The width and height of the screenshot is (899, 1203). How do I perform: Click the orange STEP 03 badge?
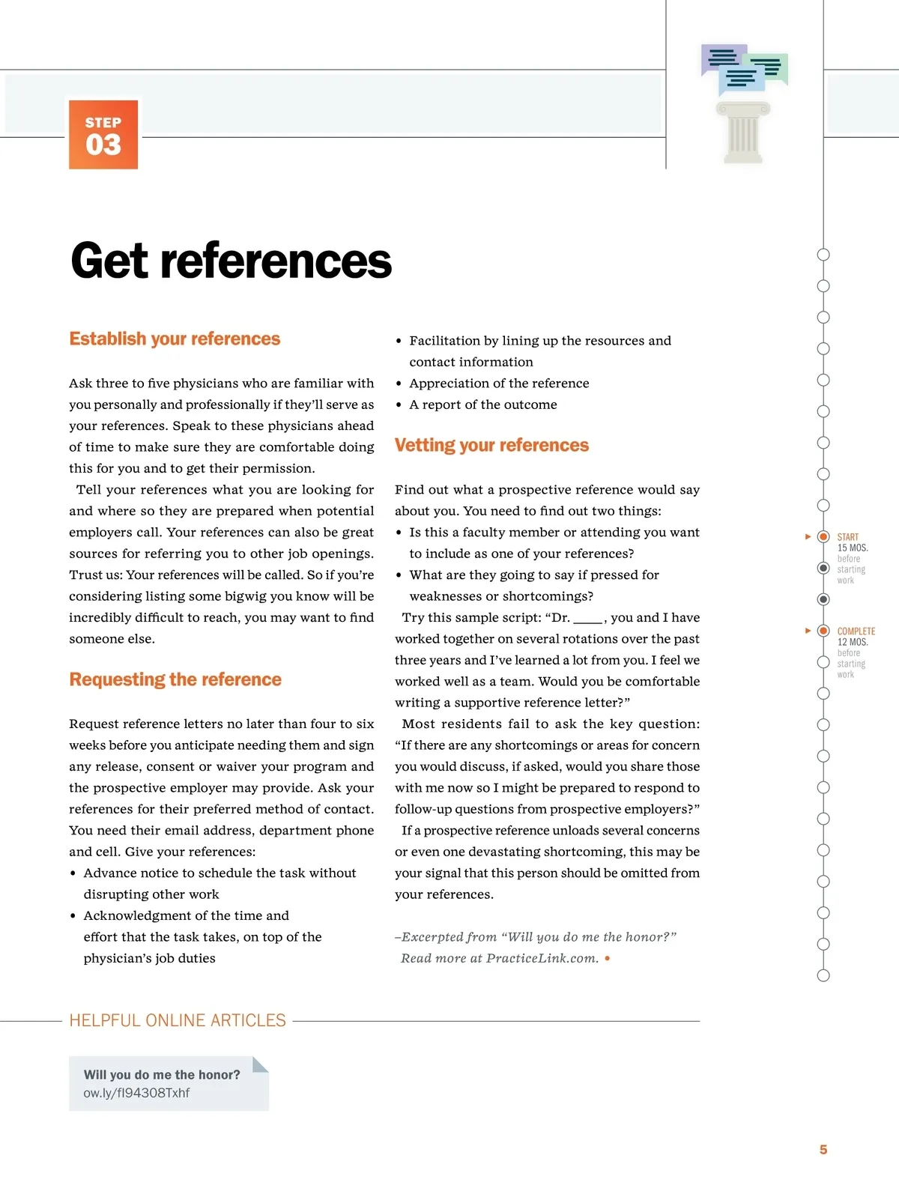[103, 135]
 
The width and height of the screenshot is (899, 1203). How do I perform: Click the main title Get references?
[231, 261]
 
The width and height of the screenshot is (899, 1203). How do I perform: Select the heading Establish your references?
[175, 339]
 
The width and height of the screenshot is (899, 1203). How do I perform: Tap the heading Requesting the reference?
[175, 679]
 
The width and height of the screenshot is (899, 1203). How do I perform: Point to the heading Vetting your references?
[491, 445]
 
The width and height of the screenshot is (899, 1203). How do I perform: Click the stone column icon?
[743, 133]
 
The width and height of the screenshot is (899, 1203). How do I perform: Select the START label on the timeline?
[848, 537]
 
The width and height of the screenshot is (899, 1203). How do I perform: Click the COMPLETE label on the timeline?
[856, 631]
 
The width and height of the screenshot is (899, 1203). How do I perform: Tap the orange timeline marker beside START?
[823, 536]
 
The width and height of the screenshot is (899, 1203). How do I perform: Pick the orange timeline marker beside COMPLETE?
[823, 631]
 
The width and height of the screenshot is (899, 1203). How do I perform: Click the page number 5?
[823, 1149]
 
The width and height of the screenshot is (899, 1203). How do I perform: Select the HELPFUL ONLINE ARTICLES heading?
[178, 1020]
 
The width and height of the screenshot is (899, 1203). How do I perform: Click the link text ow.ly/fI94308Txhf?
[136, 1093]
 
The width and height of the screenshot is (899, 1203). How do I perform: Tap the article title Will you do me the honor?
[162, 1074]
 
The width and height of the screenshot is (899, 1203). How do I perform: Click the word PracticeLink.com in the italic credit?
[542, 958]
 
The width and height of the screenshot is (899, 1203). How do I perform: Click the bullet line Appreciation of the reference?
[499, 383]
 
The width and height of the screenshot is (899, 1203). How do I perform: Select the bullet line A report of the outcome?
[483, 404]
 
